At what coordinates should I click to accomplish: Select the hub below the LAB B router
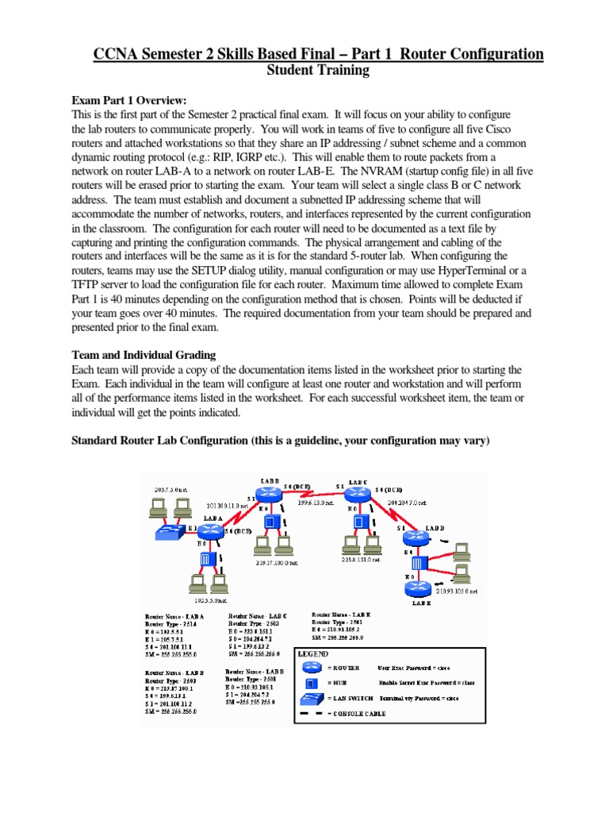point(271,522)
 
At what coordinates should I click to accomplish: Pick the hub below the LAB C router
point(361,522)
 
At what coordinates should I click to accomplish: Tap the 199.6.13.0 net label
point(317,502)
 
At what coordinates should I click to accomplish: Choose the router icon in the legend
point(312,669)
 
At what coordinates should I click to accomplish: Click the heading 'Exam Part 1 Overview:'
point(129,100)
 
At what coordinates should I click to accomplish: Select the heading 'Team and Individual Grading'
point(144,355)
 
